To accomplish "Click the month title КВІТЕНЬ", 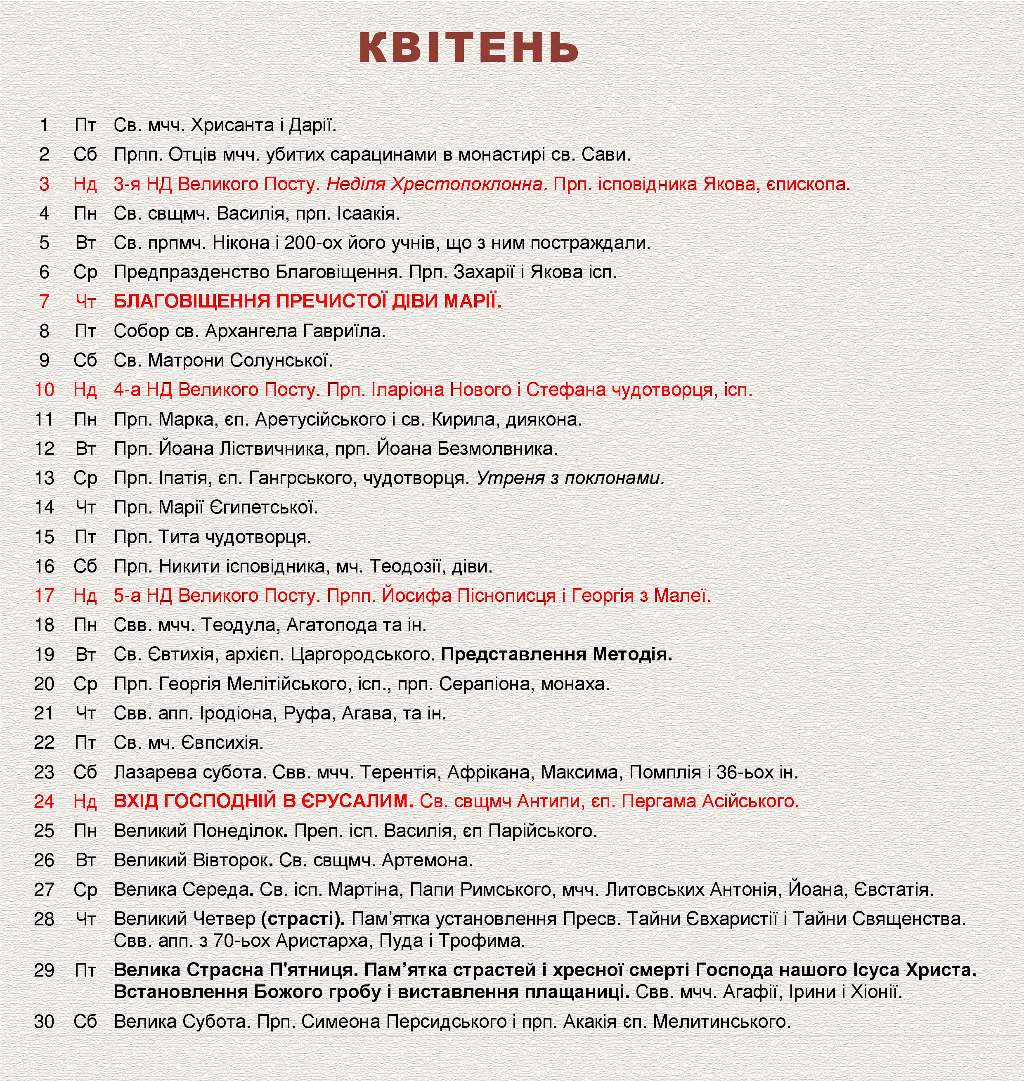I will tap(468, 48).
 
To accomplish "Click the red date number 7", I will tap(44, 301).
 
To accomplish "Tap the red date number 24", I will tap(44, 802).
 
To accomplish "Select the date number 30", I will tap(44, 1022).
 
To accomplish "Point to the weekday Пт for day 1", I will tap(85, 125).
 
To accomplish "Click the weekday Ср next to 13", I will tap(85, 478).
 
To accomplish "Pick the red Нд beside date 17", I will tap(85, 595).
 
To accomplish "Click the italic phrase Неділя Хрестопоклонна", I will tap(437, 185).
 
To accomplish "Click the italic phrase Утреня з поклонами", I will tap(570, 478).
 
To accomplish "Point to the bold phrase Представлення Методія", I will tap(556, 654).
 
